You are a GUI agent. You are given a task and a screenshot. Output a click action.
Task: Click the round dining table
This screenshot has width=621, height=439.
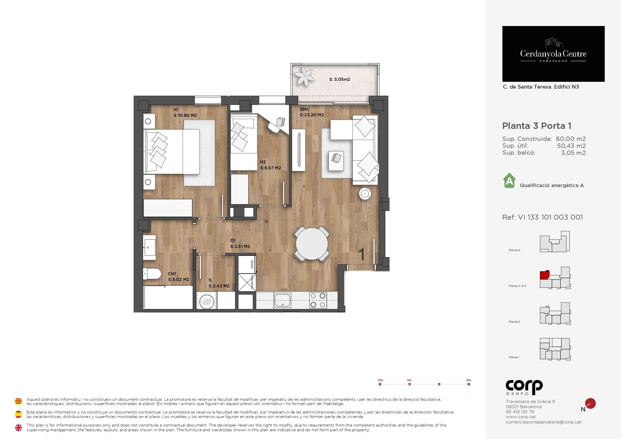[x=312, y=244]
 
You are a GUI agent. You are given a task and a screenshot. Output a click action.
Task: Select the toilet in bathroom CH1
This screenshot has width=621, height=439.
[x=152, y=274]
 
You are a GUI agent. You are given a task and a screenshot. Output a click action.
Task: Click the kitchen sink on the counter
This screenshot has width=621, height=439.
[x=283, y=300]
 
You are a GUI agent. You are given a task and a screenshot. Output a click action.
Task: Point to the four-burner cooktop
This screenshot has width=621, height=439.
[x=318, y=300]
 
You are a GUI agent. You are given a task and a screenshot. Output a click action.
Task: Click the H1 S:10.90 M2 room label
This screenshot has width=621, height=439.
[x=185, y=113]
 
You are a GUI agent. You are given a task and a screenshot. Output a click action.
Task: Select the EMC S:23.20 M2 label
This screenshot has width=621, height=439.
[x=312, y=112]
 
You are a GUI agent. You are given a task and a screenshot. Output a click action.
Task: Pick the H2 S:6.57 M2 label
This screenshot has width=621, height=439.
[x=270, y=165]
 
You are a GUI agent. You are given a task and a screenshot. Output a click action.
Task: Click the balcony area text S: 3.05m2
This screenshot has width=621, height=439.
[x=340, y=79]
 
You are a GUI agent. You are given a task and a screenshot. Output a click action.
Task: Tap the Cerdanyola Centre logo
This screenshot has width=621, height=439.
[x=553, y=54]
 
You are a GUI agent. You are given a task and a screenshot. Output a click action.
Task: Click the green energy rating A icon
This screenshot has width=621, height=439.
[x=509, y=180]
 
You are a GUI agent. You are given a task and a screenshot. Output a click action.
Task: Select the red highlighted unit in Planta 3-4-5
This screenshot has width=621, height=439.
[x=545, y=275]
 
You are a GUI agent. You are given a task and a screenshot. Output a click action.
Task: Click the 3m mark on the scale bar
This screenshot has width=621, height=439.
[x=469, y=384]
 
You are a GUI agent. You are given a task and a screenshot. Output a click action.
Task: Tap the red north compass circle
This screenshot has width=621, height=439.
[x=590, y=403]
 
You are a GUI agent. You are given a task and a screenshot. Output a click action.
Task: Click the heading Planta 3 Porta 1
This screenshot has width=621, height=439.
[x=537, y=126]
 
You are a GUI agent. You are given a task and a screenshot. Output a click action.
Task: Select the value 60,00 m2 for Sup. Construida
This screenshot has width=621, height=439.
[x=571, y=139]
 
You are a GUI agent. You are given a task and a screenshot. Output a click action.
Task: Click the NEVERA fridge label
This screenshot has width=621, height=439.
[x=252, y=264]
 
